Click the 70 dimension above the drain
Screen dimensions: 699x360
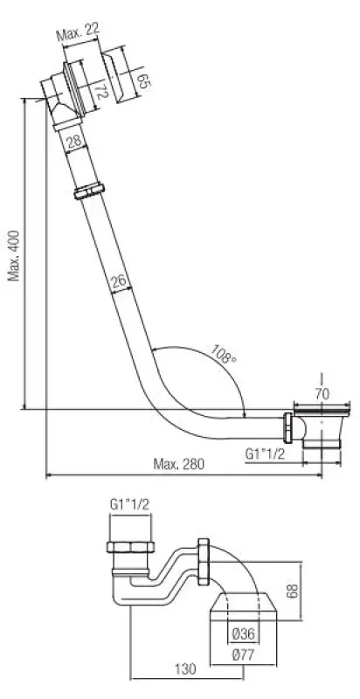tap(322, 393)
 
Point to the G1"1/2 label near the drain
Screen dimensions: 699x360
tap(265, 453)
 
